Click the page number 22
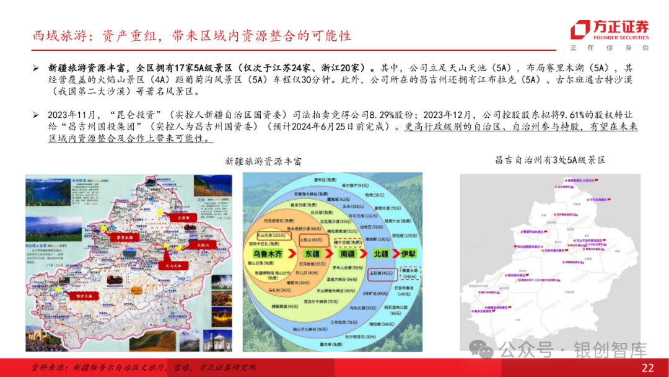648,368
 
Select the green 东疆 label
312,255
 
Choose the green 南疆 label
346,255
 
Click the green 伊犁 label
409,255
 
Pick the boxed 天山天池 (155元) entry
271,236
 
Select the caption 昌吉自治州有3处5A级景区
549,160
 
